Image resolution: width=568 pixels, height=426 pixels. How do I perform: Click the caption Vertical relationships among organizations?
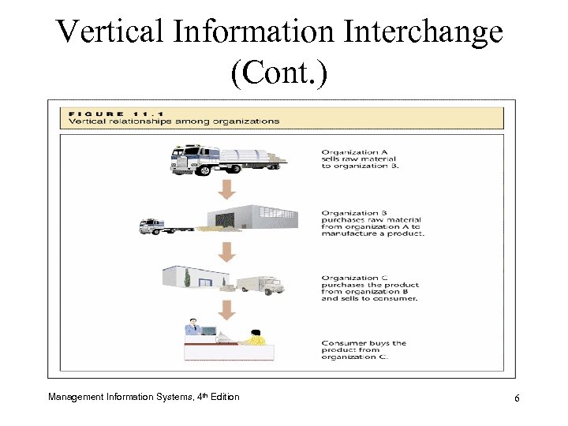coord(174,121)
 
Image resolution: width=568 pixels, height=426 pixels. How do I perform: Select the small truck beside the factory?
coord(155,226)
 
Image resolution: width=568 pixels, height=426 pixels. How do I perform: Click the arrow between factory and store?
coord(226,252)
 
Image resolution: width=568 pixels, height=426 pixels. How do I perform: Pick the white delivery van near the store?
coord(260,285)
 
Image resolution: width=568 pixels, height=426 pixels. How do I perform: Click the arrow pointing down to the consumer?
coord(226,308)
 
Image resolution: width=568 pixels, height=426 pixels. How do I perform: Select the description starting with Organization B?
coord(372,223)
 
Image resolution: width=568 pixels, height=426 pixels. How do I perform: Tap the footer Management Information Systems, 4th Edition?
coord(144,396)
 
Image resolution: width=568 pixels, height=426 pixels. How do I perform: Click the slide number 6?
coord(516,398)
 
